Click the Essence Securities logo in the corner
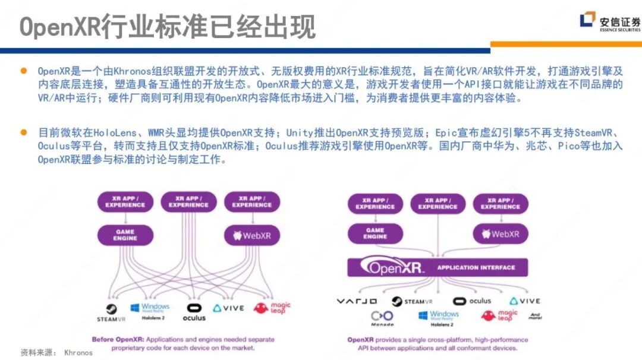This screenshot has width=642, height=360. click(610, 22)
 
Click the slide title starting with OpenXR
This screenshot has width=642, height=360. click(167, 27)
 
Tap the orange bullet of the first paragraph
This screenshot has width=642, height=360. click(24, 71)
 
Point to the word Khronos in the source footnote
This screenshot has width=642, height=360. click(78, 352)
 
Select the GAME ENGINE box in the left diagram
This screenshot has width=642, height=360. click(125, 235)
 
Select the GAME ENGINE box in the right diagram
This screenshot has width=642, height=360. click(375, 233)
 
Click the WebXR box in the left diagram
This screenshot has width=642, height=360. click(251, 235)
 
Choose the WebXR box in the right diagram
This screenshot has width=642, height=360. click(500, 233)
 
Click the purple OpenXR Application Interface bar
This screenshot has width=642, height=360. click(438, 267)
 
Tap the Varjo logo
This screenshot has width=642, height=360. click(357, 301)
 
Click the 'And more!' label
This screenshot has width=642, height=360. click(535, 317)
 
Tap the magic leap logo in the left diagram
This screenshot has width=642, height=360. click(272, 308)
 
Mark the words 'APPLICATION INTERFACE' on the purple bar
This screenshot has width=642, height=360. click(476, 268)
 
